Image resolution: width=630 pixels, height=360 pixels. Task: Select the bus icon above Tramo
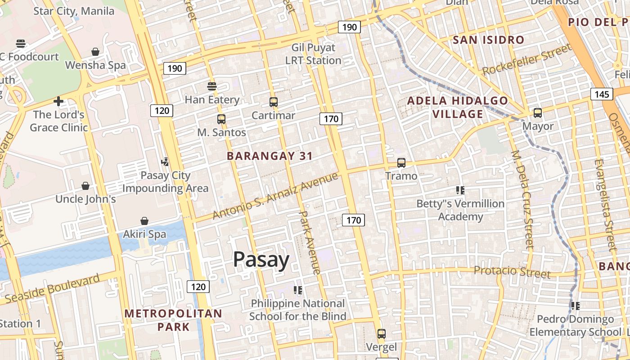click(x=401, y=163)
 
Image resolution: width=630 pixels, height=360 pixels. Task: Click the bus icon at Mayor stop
click(x=537, y=113)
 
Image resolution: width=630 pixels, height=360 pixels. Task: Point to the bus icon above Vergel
click(x=381, y=334)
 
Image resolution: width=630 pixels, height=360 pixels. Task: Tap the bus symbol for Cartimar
click(x=273, y=102)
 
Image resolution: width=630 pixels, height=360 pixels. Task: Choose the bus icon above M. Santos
click(x=221, y=119)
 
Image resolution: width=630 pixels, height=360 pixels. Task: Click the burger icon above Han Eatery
click(x=211, y=86)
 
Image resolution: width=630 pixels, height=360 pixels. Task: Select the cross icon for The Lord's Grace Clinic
click(x=58, y=101)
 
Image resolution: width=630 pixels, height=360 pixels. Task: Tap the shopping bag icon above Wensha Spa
click(x=95, y=52)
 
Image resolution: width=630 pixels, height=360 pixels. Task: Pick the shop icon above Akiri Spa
click(x=144, y=221)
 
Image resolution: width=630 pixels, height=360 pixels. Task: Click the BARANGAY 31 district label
click(x=270, y=156)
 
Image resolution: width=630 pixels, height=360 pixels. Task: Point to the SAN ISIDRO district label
click(x=488, y=40)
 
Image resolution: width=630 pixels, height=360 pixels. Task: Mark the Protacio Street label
click(x=512, y=271)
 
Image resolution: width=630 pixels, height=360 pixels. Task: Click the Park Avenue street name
click(x=310, y=243)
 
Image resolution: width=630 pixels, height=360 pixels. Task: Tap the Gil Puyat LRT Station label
click(x=313, y=54)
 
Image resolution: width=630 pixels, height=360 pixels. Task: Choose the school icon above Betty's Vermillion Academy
click(x=460, y=190)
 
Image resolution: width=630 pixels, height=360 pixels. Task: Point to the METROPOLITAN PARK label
click(x=173, y=320)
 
